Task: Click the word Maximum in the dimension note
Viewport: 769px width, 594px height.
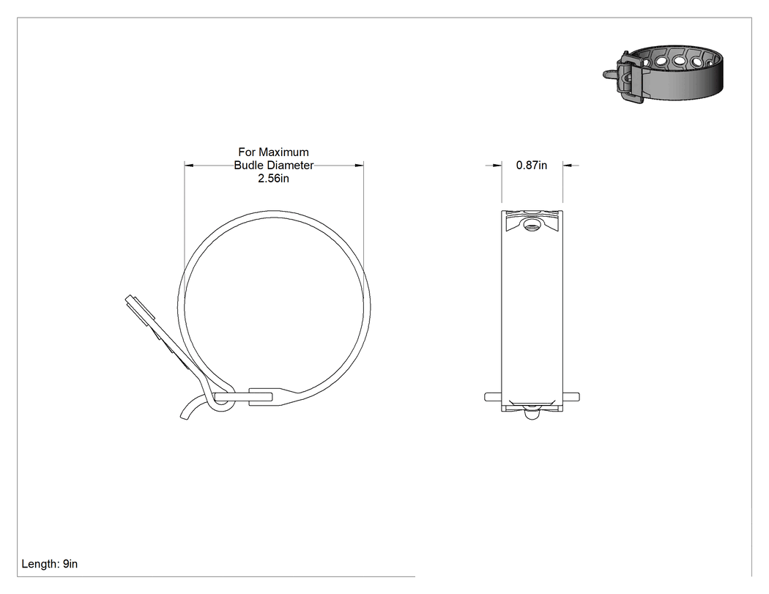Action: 284,152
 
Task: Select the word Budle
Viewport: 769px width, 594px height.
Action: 247,166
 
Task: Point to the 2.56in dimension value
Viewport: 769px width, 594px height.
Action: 274,179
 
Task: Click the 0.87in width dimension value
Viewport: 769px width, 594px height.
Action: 532,166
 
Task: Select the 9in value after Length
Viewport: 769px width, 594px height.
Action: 70,564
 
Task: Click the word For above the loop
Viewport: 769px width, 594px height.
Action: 248,152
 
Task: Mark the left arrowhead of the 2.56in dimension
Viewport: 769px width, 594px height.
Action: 189,166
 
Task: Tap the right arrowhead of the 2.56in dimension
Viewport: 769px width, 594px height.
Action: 359,166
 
